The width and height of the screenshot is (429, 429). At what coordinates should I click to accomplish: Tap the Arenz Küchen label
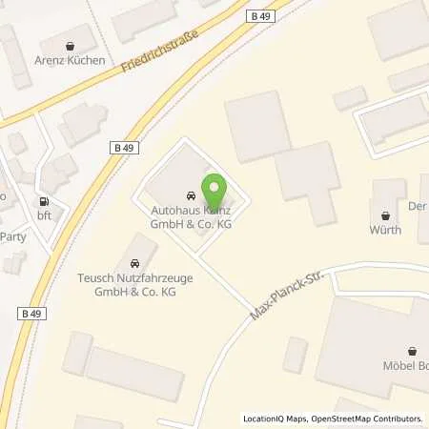[71, 61]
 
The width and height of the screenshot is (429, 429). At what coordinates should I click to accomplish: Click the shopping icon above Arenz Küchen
[71, 45]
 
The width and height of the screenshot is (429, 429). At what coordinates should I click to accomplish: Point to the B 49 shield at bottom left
[31, 312]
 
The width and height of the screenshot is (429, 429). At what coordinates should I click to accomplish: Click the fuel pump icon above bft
[43, 201]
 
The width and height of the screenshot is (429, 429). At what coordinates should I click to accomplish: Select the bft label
[43, 215]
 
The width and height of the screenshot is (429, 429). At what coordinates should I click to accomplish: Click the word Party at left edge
[13, 236]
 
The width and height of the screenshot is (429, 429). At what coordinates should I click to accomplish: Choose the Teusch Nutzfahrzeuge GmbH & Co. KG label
[134, 283]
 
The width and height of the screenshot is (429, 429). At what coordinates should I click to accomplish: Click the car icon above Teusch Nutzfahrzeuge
[134, 263]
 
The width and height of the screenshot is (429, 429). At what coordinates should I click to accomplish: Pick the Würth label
[385, 230]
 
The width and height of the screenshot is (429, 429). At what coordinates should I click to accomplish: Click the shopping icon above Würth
[385, 214]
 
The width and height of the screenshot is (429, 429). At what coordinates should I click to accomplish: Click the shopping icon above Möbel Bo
[413, 351]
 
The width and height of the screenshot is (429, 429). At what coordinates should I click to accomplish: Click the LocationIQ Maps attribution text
[276, 419]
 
